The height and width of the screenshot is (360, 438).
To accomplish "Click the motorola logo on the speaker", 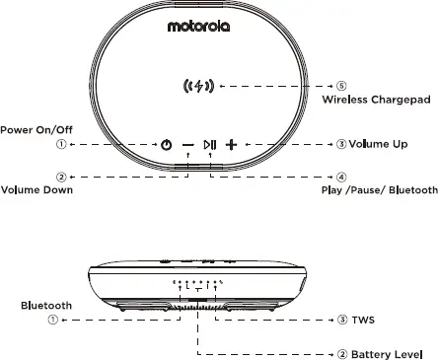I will (x=198, y=27).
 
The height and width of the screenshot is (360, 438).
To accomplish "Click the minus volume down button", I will (x=187, y=145).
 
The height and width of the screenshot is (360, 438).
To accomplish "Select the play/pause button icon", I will (x=209, y=145).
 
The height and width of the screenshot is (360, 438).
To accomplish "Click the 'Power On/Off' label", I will (x=36, y=129).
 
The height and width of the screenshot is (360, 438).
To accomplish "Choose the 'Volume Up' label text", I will (x=378, y=144).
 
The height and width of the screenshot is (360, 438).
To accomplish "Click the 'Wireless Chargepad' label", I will (x=379, y=101).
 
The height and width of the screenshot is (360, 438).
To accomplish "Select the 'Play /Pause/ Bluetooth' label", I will (x=379, y=189).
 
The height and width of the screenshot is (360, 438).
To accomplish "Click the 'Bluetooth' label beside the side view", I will (x=46, y=306).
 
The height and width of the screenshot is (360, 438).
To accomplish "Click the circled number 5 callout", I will (x=341, y=86).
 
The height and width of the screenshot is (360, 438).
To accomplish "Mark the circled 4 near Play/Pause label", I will (x=341, y=177).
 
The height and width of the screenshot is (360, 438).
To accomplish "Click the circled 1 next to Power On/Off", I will (x=61, y=145).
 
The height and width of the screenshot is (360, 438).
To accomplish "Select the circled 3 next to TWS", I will (x=341, y=321).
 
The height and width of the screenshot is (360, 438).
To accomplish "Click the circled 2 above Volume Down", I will (x=61, y=177).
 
